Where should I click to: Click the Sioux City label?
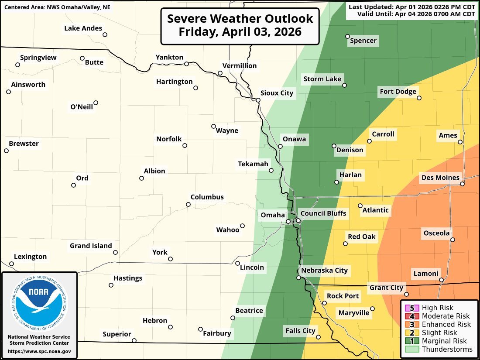277,93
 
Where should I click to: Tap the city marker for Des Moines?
462,184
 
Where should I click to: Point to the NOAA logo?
39,301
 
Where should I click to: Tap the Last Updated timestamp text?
412,7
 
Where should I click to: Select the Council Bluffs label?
323,213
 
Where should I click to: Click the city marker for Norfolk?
185,146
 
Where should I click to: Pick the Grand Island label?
91,246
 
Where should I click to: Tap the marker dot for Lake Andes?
105,34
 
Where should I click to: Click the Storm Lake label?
322,79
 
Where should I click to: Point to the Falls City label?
300,331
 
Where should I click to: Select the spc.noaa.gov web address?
39,351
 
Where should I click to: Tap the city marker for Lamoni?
441,280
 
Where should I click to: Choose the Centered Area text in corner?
57,7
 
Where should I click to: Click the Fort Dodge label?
398,91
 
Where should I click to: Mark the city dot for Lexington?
11,264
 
